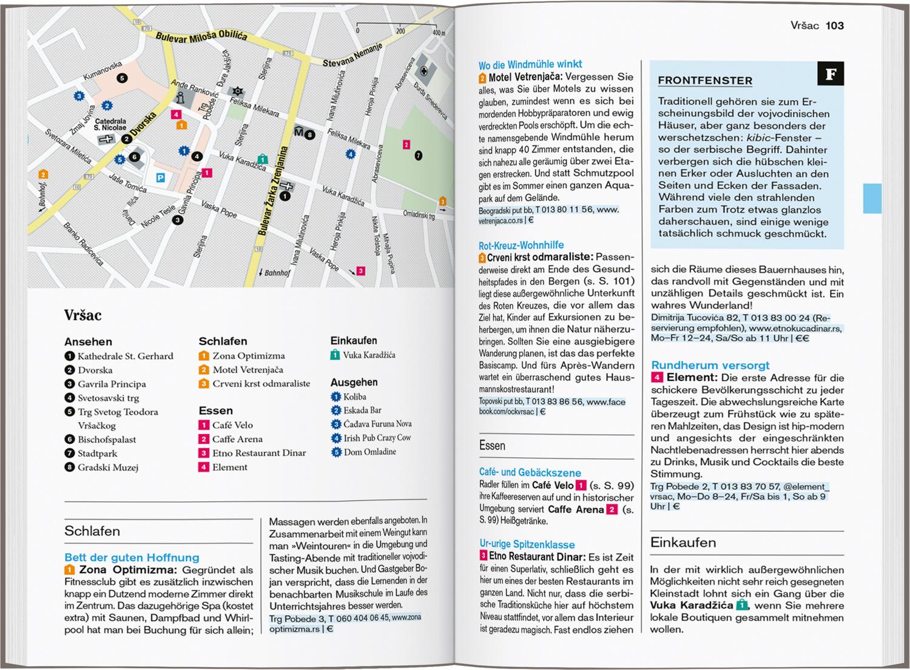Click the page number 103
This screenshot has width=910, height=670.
coord(835,25)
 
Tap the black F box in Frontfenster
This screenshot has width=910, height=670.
coord(831,74)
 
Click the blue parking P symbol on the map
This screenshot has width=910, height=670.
coord(160,178)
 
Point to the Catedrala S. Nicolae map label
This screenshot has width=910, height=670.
coord(110,124)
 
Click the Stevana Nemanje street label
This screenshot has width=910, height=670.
coord(352,55)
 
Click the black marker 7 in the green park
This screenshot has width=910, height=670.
coord(418,156)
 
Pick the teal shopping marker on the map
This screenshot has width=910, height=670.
coord(262,159)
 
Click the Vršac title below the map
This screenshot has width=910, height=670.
coord(83,315)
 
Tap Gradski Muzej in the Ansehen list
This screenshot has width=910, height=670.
coord(108,467)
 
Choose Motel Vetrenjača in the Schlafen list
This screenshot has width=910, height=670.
coord(248,370)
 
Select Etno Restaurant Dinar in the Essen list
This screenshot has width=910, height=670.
coord(259,453)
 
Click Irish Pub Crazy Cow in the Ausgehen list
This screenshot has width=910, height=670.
coord(377,438)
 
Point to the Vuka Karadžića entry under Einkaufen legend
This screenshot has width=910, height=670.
coord(369,355)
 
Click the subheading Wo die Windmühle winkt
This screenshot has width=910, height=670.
coord(530,64)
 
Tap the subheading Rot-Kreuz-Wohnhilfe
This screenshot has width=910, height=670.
coord(521,246)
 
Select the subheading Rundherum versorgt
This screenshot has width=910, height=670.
coord(710,365)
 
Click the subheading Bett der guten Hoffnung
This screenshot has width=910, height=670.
coord(132,557)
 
